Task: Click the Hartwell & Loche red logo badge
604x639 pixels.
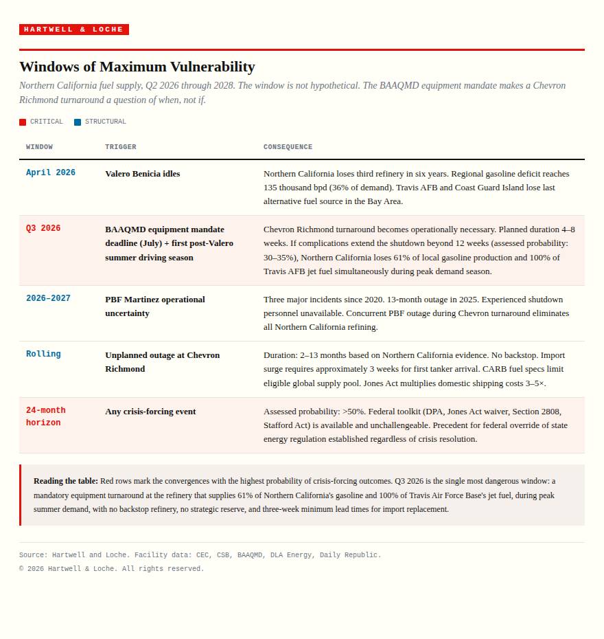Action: [74, 30]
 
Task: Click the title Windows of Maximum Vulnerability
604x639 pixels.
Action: [137, 67]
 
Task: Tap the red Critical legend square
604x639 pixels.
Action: [23, 122]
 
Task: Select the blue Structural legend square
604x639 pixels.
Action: [78, 122]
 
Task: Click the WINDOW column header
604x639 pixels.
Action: [39, 147]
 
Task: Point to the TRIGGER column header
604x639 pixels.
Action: [121, 147]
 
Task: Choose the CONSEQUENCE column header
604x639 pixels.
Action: [288, 147]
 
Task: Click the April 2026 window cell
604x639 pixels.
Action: [51, 173]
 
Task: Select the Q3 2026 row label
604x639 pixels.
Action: [43, 229]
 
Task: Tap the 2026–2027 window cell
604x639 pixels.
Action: [48, 299]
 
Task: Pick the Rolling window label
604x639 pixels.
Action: [43, 355]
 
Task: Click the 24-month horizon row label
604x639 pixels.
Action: [46, 416]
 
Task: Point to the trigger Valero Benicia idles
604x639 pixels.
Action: [143, 174]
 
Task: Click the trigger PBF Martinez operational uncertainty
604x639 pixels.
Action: [155, 306]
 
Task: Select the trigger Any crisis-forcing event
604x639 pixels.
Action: [150, 412]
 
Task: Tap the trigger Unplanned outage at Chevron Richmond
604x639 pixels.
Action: [162, 361]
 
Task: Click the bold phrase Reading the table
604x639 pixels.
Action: [66, 481]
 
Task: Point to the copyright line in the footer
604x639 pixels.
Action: [111, 569]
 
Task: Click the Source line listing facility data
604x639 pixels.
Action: [200, 555]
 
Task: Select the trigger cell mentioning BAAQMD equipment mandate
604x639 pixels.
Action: [169, 243]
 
